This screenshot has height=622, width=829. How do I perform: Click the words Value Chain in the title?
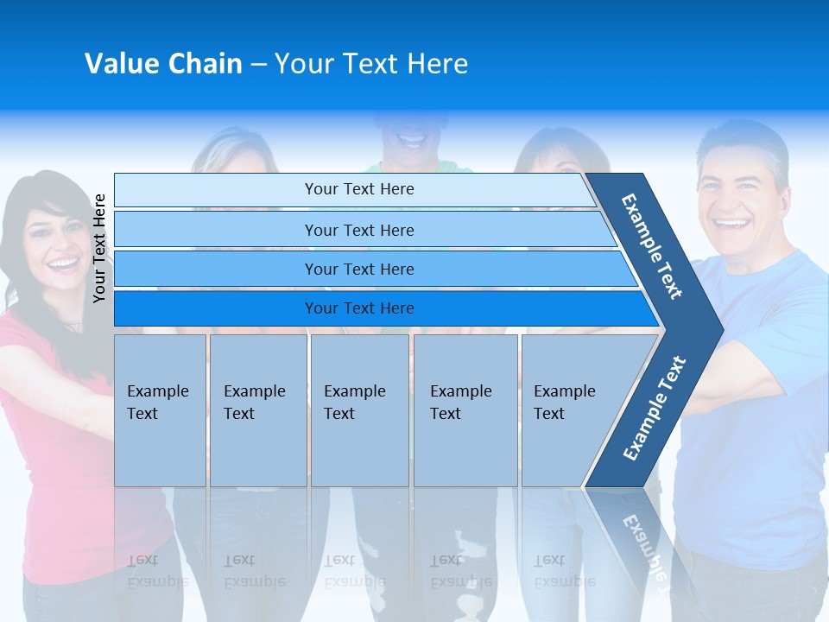pos(163,64)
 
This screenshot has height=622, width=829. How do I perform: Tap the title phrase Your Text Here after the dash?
pos(371,64)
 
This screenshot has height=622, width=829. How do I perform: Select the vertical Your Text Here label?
pos(99,248)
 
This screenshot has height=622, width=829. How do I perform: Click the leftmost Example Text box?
pos(160,410)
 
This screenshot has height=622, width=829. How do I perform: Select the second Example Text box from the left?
pos(257,410)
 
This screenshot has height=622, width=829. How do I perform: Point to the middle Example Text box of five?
pos(359,410)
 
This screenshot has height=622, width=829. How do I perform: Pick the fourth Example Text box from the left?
pos(465,410)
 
